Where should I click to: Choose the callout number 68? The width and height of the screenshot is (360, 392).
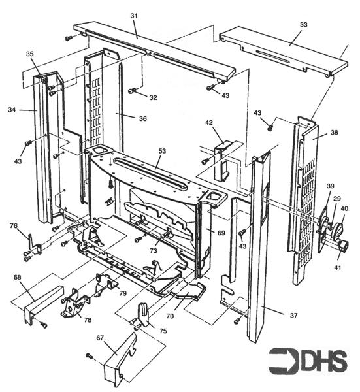point(17,278)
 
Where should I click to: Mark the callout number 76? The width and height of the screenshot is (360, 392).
point(13,226)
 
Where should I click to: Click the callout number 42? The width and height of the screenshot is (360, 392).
point(209,122)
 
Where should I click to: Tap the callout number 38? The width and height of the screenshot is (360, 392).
point(334,131)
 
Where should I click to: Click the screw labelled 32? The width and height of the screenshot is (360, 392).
point(131,91)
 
